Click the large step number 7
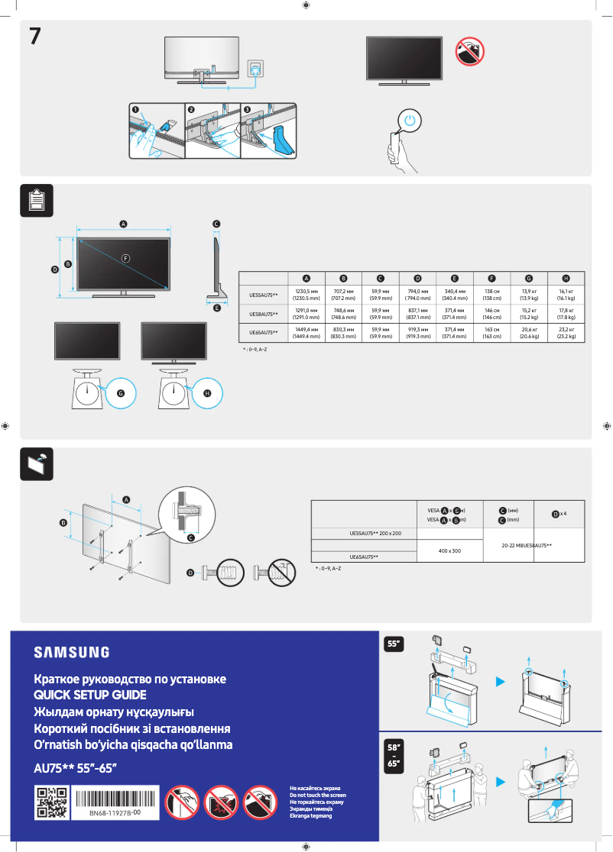point(35,37)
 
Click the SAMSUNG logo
point(71,652)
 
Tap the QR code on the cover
point(52,802)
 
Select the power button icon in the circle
point(410,121)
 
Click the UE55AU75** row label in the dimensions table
point(264,294)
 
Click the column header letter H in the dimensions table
point(566,278)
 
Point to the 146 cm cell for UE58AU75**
point(491,313)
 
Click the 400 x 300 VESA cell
point(449,550)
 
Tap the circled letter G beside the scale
point(119,392)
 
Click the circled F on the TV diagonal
point(125,257)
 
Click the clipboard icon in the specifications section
point(36,200)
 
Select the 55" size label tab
point(394,644)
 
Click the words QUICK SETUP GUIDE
point(90,695)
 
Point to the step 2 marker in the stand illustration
point(191,110)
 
